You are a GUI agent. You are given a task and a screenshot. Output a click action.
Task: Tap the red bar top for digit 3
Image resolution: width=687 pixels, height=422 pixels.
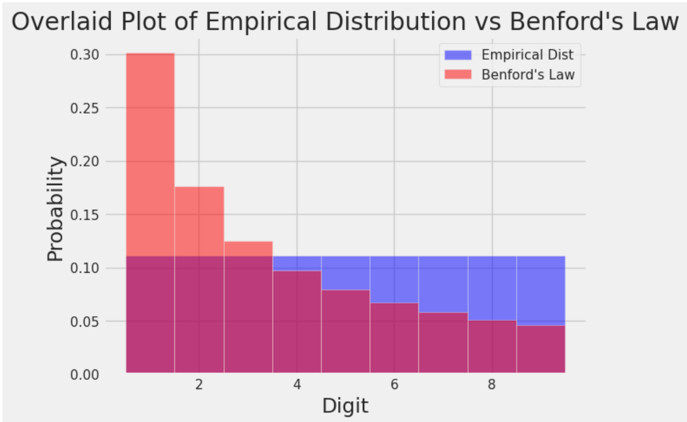click(x=248, y=249)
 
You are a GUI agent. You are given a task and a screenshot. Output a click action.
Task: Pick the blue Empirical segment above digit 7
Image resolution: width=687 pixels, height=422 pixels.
click(x=443, y=284)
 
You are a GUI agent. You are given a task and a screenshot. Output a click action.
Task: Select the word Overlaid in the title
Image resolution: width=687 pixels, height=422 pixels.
click(x=54, y=21)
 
